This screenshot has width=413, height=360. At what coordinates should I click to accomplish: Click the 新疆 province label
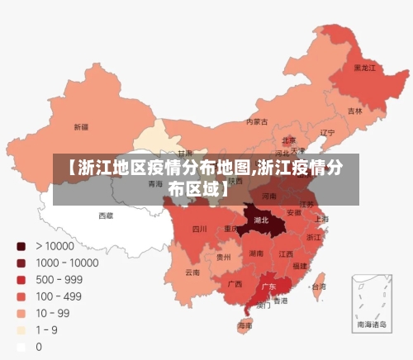click(81, 127)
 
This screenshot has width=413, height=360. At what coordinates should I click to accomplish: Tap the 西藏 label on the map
click(107, 216)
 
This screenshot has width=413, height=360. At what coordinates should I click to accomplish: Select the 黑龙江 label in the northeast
click(364, 68)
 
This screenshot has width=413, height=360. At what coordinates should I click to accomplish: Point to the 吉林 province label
click(355, 111)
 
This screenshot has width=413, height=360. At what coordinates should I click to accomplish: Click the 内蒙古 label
click(257, 122)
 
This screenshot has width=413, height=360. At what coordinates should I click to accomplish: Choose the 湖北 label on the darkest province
click(261, 220)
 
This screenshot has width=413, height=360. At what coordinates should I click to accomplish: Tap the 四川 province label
click(199, 229)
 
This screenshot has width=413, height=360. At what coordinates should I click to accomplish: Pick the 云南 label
click(192, 272)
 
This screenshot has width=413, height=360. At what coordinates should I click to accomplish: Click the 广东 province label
click(268, 287)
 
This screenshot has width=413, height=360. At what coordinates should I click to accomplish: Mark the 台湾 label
click(317, 287)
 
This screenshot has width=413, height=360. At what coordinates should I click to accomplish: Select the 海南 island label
click(245, 326)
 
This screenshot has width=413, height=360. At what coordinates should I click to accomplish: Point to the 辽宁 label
click(328, 132)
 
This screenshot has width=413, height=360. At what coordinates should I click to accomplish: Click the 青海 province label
click(155, 185)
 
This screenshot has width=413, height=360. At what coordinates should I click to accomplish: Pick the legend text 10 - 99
click(52, 314)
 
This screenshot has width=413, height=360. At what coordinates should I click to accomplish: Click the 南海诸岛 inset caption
click(371, 326)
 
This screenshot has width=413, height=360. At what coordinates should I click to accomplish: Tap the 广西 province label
click(235, 284)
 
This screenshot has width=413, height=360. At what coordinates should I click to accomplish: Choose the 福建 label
click(300, 266)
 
